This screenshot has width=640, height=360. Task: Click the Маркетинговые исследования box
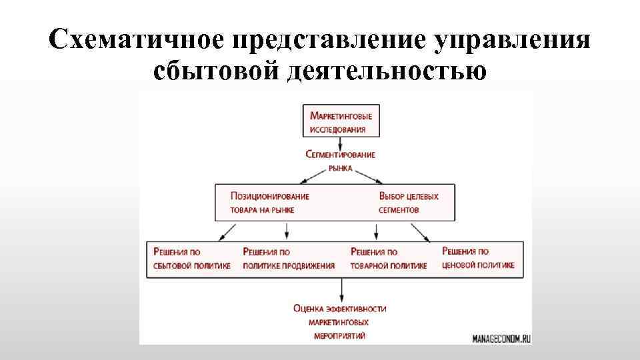tap(341, 121)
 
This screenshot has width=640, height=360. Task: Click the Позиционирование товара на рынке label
tap(269, 203)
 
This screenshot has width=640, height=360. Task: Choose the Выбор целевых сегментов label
tap(409, 203)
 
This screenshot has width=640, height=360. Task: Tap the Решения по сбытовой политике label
tap(192, 259)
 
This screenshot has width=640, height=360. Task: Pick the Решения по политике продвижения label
tap(289, 259)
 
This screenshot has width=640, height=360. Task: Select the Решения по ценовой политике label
tap(478, 259)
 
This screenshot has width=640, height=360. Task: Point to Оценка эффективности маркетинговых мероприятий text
tap(340, 322)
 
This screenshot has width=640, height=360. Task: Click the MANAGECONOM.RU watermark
tap(501, 338)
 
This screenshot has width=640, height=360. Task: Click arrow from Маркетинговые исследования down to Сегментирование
tap(341, 143)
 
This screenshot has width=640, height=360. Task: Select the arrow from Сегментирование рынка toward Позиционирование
tap(315, 176)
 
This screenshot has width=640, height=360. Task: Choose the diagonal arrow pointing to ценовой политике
tap(420, 231)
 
